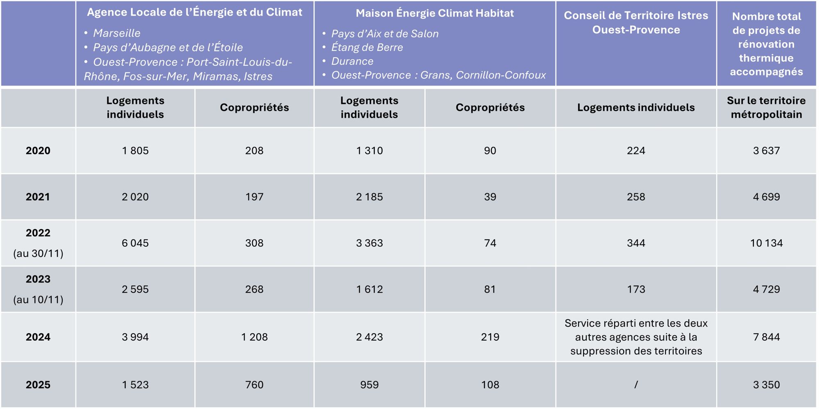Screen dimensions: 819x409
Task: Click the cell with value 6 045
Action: tap(135, 243)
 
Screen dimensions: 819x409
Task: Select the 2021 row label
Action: tap(38, 197)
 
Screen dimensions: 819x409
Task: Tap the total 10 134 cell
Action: tap(766, 243)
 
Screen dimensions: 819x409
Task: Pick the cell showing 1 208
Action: tap(254, 337)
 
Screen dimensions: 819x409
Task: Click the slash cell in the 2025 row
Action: tap(636, 385)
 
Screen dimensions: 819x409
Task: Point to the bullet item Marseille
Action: tap(117, 33)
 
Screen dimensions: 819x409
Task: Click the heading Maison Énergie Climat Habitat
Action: tap(435, 13)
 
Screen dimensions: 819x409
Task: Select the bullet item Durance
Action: tap(352, 61)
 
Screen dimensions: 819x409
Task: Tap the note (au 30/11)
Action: tap(38, 253)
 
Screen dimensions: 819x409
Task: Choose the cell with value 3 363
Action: tap(369, 243)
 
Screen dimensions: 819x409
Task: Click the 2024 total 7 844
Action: tap(766, 337)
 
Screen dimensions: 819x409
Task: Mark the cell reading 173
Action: tap(636, 289)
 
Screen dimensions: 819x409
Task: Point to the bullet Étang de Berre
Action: tap(367, 47)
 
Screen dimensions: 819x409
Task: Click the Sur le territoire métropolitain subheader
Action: tap(766, 108)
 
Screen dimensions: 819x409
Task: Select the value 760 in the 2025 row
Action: tap(254, 385)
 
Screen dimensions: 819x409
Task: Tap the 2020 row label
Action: tap(38, 151)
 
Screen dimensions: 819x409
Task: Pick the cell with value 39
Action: tap(490, 197)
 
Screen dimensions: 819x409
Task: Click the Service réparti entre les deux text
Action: tap(636, 323)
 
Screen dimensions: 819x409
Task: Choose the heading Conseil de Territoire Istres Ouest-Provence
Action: tap(636, 23)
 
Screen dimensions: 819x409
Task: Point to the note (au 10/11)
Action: tap(38, 300)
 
